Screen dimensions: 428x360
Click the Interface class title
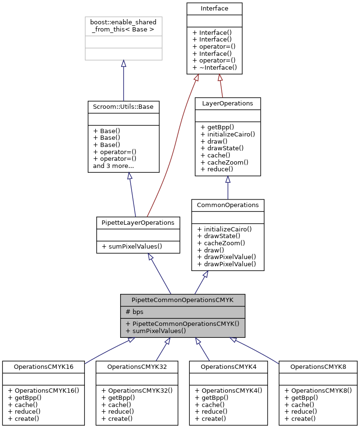214,8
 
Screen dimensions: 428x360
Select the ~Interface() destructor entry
214,67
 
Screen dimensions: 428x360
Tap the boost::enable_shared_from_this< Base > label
123,26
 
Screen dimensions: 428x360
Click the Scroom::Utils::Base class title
123,106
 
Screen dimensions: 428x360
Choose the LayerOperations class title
227,103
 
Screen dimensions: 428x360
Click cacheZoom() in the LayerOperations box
224,162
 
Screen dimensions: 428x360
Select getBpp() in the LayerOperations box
217,127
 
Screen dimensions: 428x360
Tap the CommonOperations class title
227,205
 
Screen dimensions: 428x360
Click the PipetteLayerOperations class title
138,222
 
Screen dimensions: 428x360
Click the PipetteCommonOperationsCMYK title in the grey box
183,300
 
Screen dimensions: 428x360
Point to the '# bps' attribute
134,312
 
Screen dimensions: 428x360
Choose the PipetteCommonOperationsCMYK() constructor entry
182,324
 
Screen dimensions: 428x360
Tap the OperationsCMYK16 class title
43,366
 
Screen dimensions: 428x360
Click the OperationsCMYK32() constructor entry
136,390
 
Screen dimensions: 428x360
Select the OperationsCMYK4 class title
228,366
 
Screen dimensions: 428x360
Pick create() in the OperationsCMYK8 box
300,418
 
